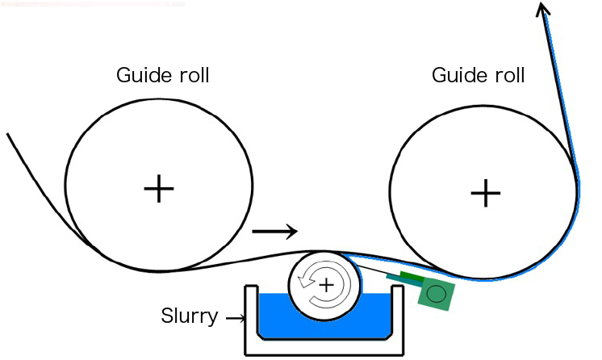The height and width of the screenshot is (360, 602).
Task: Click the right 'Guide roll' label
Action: coord(479,76)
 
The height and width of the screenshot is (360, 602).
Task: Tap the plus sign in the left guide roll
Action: coord(159,190)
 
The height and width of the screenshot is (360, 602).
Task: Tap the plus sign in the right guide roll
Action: coord(484,193)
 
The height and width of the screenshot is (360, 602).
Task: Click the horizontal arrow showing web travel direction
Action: coord(275,232)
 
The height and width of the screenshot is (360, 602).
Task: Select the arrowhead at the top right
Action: coord(544,10)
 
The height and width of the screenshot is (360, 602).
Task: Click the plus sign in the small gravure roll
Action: coord(326,284)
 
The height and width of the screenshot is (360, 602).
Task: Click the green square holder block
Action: coord(436,294)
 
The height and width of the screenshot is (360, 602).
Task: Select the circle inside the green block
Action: coord(436,294)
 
